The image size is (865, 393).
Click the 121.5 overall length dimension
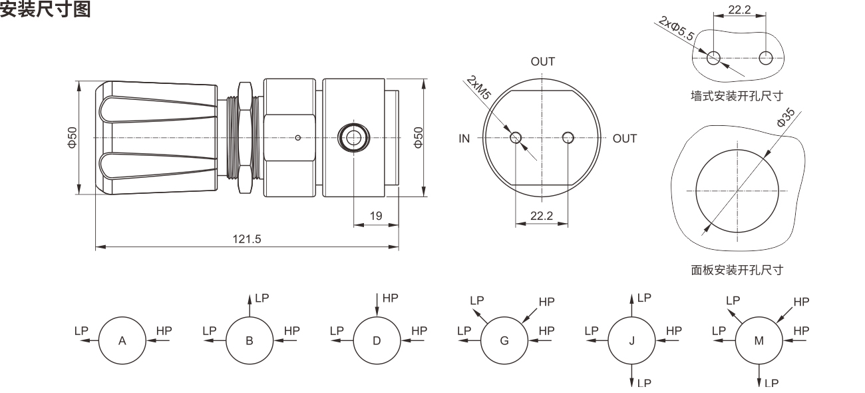247,239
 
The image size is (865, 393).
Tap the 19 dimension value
376,216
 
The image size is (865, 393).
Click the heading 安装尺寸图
45,9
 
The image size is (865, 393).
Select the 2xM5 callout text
479,87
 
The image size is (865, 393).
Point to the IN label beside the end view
464,139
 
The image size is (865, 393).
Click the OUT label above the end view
542,61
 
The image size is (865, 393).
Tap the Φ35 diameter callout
786,117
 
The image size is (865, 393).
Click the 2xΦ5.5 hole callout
676,28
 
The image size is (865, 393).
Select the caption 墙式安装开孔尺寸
737,96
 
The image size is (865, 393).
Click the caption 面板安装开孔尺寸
737,270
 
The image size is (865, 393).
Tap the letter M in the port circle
759,341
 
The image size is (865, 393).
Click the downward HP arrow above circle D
377,305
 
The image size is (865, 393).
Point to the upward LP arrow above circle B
250,305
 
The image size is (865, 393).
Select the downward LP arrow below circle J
631,376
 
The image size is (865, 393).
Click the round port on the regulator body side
353,138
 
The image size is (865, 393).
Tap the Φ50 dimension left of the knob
73,137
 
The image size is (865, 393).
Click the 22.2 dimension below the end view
542,216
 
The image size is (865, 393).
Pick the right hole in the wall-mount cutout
766,58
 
